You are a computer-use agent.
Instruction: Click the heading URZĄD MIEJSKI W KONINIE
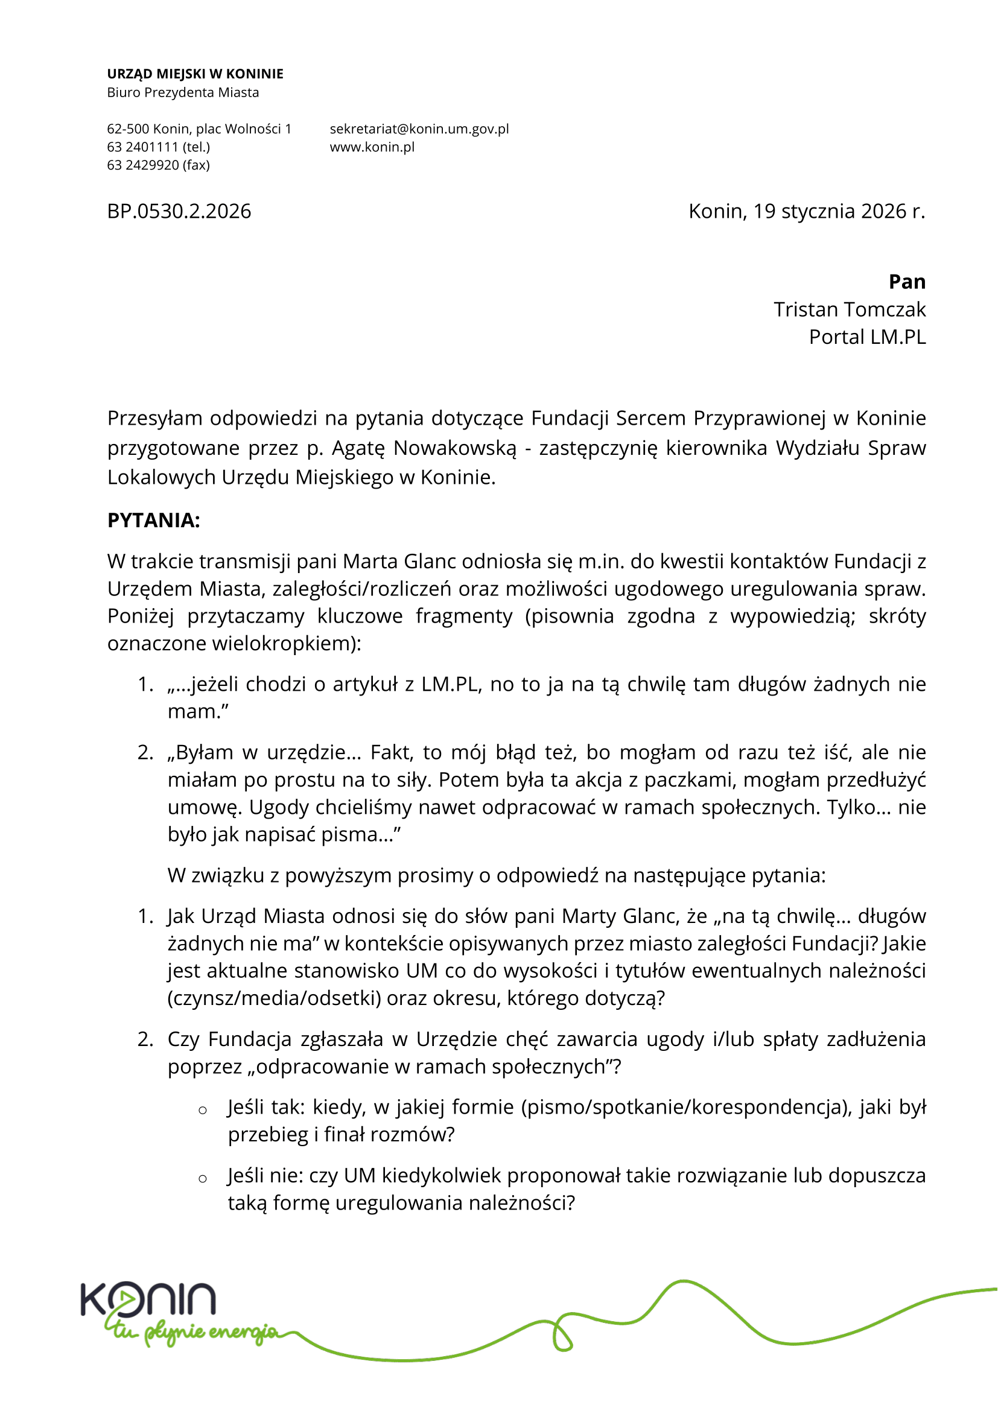point(195,74)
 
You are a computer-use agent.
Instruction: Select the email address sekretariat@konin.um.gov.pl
point(419,129)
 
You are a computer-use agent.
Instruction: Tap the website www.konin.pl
point(372,147)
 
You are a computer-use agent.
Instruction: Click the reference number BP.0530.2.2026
point(179,211)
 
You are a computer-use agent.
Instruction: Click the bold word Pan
point(906,282)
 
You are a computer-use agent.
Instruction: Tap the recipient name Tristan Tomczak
point(849,309)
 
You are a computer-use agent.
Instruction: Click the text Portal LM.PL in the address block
point(866,337)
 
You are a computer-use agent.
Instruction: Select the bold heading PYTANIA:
point(154,520)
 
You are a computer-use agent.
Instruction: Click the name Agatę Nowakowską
point(424,448)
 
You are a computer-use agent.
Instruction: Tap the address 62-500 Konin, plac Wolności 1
point(199,129)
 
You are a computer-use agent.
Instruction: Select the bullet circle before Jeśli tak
point(202,1111)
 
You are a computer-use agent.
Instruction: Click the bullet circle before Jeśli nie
point(202,1179)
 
